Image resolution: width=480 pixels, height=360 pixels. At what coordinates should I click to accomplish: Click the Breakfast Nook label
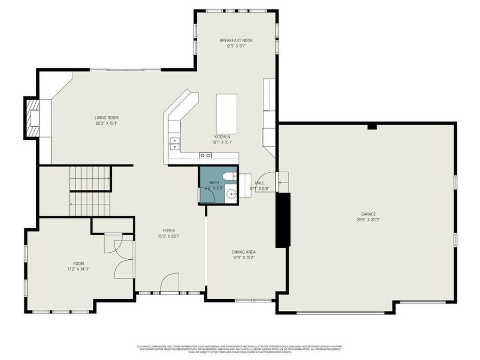(x=236, y=41)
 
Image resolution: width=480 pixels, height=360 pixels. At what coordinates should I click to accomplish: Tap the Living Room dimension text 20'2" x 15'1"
(x=106, y=123)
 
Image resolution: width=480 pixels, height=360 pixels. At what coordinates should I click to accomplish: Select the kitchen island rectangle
(x=226, y=114)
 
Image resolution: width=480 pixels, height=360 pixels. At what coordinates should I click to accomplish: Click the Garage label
(x=368, y=214)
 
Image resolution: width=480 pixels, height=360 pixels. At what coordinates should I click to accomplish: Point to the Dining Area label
(x=244, y=252)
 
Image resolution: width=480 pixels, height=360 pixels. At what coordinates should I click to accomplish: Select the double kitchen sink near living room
(x=175, y=142)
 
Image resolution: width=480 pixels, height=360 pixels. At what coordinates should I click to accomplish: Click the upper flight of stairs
(x=91, y=178)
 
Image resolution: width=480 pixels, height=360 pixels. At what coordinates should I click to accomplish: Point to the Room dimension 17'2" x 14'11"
(x=75, y=269)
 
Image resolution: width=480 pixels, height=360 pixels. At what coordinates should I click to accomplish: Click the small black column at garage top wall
(x=372, y=126)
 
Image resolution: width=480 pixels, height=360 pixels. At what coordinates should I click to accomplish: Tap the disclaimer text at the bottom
(x=240, y=349)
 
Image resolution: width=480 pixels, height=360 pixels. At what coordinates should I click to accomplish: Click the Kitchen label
(x=222, y=137)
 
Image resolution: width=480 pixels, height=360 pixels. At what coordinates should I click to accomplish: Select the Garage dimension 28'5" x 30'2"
(x=368, y=219)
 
